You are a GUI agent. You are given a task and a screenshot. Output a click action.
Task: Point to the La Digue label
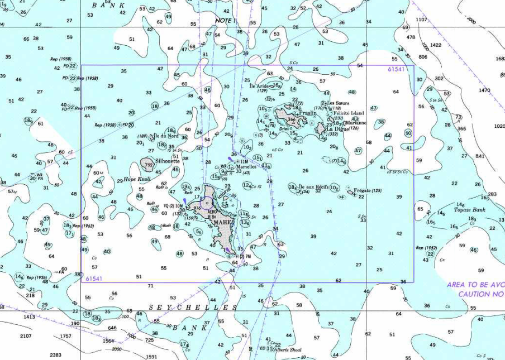pos(337,128)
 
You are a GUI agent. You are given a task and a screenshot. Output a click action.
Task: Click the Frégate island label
pos(364,191)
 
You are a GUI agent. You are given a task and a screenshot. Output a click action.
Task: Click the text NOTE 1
pos(226,21)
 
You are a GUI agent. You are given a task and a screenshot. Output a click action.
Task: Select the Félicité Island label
pos(349,113)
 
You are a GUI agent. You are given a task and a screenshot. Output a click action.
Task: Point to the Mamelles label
pos(246,167)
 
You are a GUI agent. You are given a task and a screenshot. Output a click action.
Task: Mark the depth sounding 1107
pos(421,20)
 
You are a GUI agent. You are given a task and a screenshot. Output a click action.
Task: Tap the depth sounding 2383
pos(55,355)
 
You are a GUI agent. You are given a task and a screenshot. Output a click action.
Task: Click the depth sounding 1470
pos(484,90)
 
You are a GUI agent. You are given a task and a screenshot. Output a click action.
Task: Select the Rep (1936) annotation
pos(37,277)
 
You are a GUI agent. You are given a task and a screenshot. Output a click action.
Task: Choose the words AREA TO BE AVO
pos(475,285)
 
